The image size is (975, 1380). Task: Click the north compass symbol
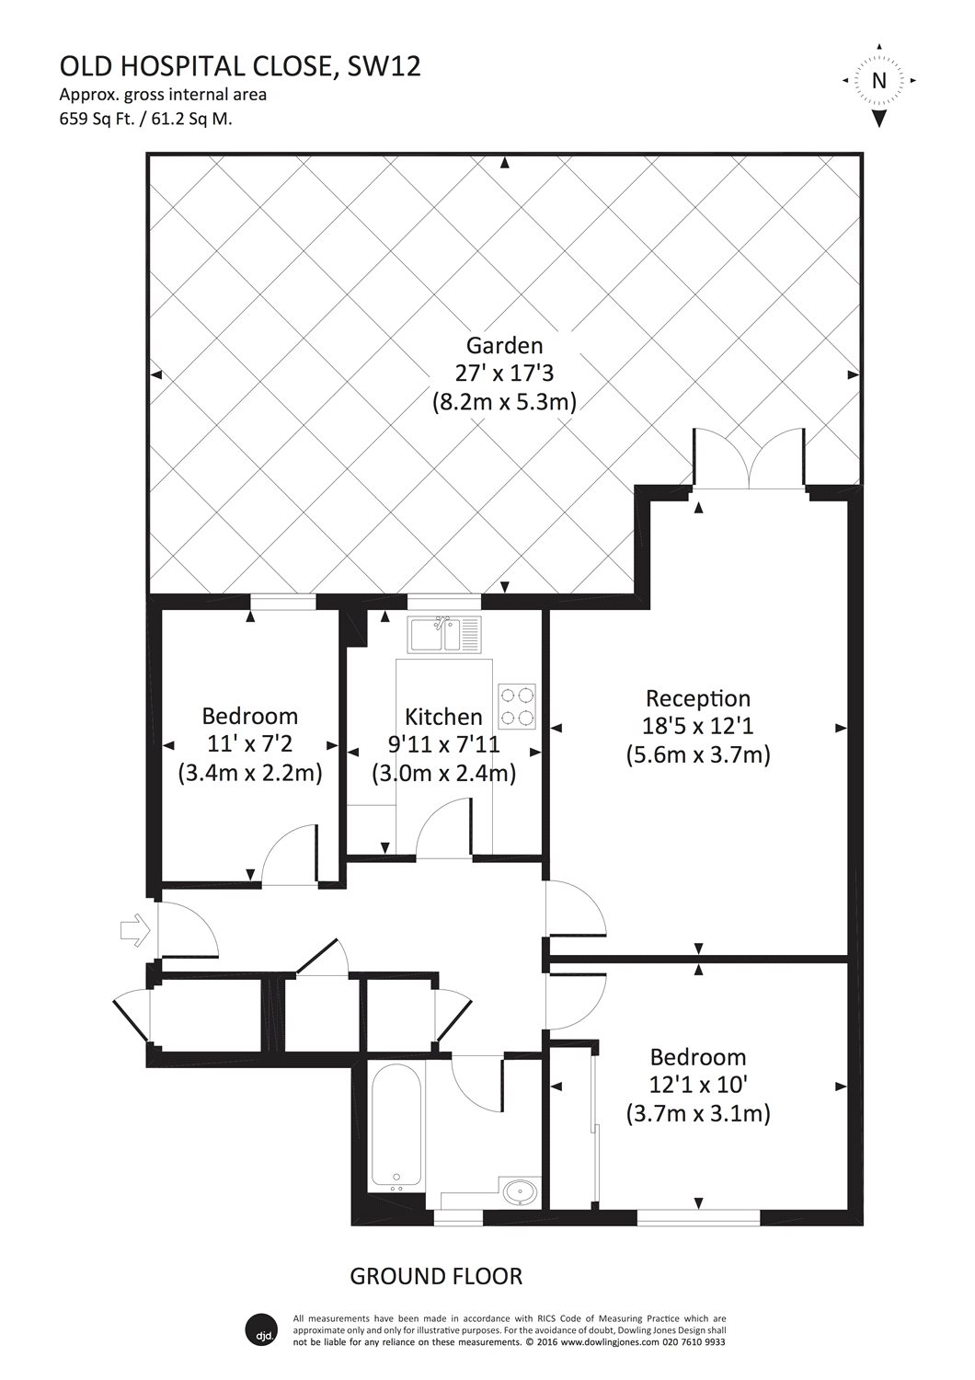pos(878,82)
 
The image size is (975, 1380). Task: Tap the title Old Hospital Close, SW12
pos(240,67)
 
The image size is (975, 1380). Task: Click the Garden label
pos(504,345)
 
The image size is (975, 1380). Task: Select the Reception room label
pos(697,698)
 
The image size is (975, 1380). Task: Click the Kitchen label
pos(443,717)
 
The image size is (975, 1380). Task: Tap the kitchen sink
pos(445,633)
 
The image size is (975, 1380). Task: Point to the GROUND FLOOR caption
pos(436,1276)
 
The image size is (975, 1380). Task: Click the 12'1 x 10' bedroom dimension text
pos(697,1086)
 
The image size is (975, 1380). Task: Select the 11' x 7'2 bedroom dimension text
pos(249,744)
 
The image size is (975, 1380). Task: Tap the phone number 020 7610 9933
pos(684,1342)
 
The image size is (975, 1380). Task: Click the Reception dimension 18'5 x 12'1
pos(697,727)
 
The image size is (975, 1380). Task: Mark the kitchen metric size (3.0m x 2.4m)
pos(443,774)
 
